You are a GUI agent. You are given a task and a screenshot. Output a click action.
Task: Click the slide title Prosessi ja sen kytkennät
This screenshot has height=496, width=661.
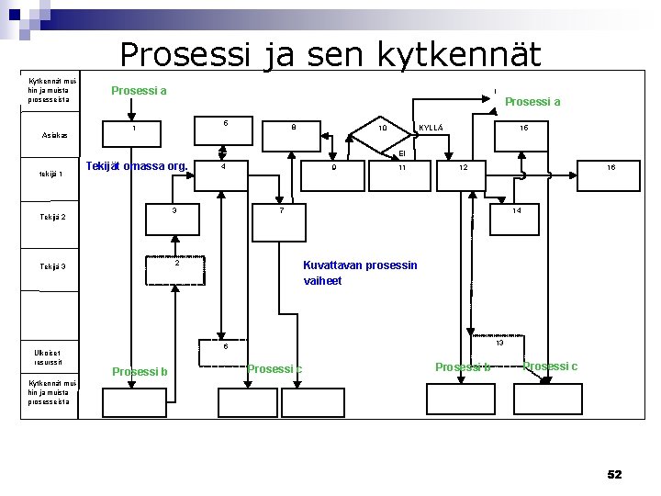(330, 54)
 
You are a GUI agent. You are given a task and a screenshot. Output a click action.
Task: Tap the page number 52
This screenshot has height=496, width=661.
(614, 474)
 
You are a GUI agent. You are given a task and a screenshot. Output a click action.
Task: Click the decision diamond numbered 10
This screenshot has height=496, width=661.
(382, 130)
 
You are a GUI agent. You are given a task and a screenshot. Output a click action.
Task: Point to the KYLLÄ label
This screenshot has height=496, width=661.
(431, 127)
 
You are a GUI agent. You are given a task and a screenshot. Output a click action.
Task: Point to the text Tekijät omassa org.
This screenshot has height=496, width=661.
(137, 166)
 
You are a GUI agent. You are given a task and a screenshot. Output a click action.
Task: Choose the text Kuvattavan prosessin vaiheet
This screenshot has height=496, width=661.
(360, 273)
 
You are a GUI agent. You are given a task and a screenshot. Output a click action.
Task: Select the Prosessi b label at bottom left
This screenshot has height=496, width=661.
(140, 371)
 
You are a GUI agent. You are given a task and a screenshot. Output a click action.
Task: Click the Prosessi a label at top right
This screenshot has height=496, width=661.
(532, 102)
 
